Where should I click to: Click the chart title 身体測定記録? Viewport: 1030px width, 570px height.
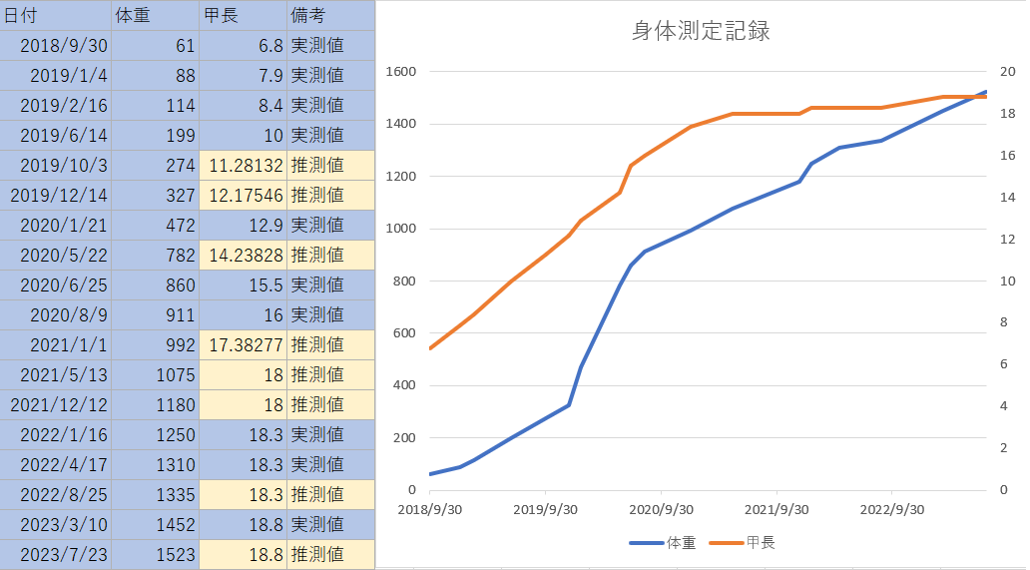click(x=701, y=30)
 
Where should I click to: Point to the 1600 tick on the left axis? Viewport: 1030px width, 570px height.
click(x=400, y=72)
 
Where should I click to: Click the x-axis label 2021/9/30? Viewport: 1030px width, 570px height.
click(x=775, y=509)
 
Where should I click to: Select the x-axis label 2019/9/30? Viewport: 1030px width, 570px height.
click(x=546, y=509)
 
